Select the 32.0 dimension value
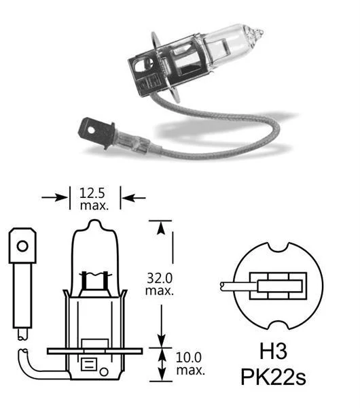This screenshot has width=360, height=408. pyautogui.click(x=160, y=277)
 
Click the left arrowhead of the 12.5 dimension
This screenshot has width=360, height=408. pyautogui.click(x=65, y=198)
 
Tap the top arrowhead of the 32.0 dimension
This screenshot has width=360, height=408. pyautogui.click(x=160, y=226)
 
